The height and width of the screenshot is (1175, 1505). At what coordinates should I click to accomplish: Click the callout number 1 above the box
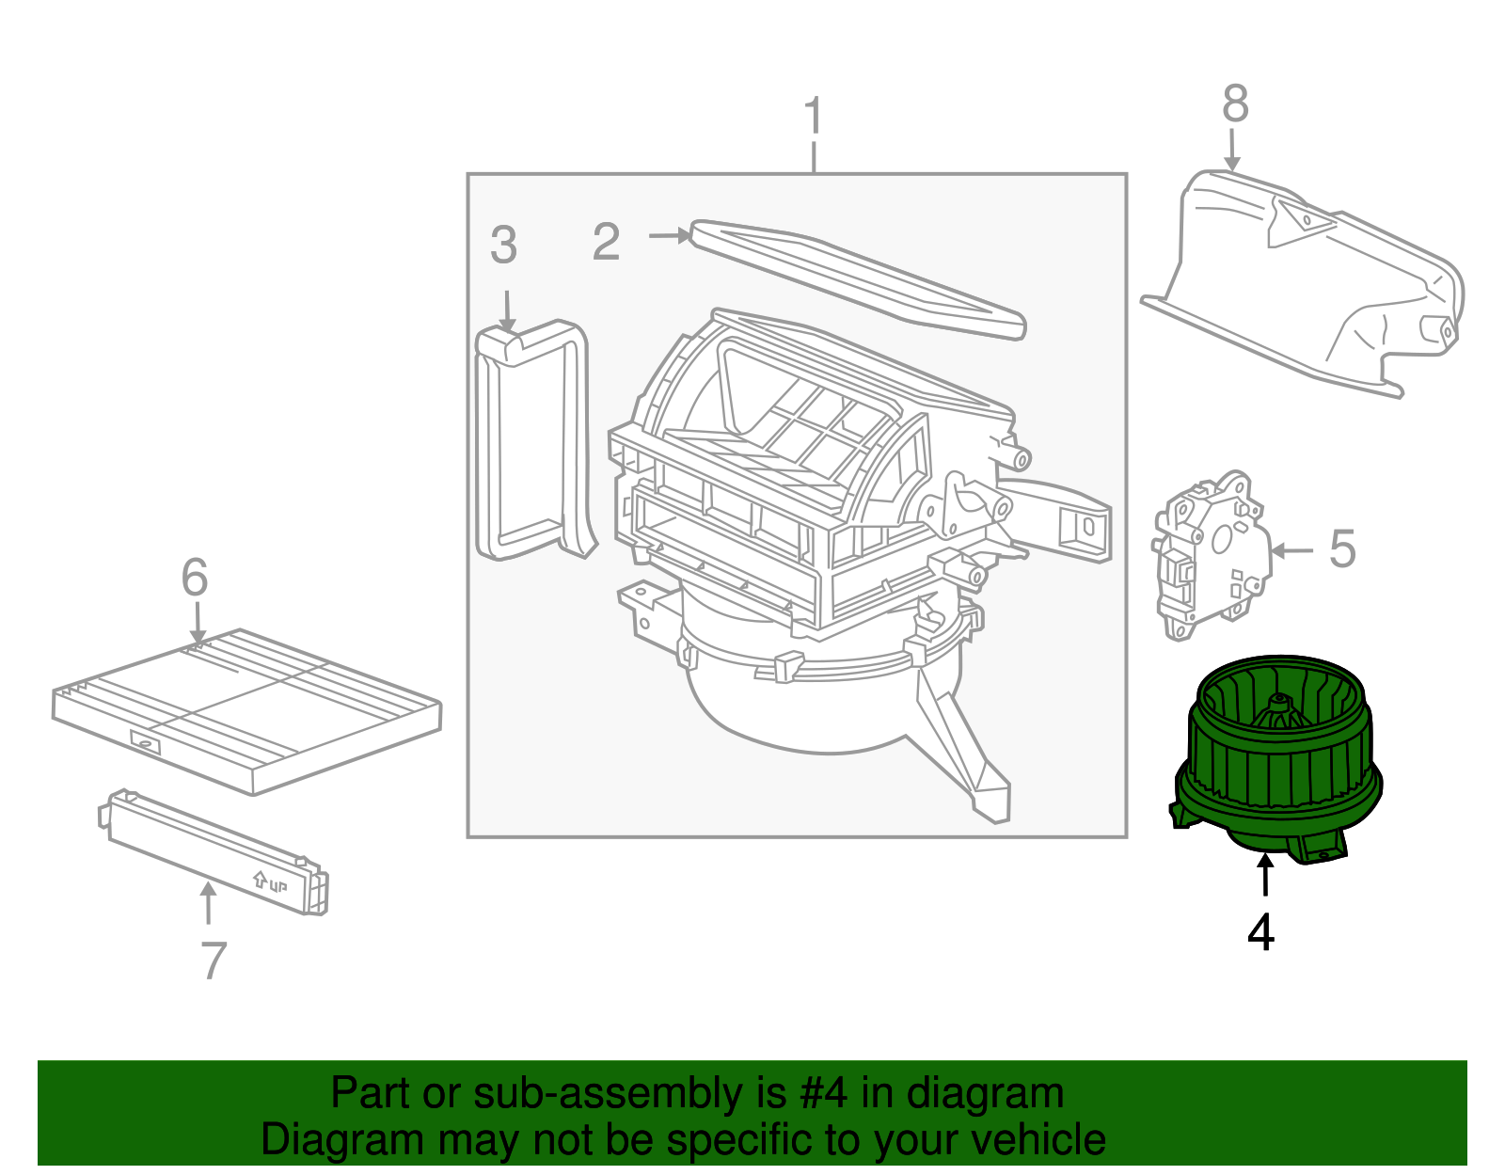point(814,117)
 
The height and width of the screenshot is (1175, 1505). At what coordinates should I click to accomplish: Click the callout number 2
point(607,242)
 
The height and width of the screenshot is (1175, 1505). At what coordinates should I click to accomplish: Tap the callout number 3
point(503,246)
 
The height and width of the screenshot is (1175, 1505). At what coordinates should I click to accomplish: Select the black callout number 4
point(1261,932)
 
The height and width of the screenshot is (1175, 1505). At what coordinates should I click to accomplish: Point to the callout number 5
point(1342,548)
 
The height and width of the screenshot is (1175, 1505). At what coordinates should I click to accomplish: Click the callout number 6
point(195,577)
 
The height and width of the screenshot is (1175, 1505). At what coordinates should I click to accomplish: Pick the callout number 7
point(214,961)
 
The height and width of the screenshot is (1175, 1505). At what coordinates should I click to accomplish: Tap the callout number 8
point(1235,103)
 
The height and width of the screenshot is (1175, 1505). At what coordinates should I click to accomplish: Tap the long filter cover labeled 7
point(212,852)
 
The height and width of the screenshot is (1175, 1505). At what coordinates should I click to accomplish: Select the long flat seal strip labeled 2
point(856,278)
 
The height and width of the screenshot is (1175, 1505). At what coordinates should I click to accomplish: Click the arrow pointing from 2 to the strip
point(670,235)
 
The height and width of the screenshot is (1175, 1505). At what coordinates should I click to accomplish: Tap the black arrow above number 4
point(1266,875)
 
